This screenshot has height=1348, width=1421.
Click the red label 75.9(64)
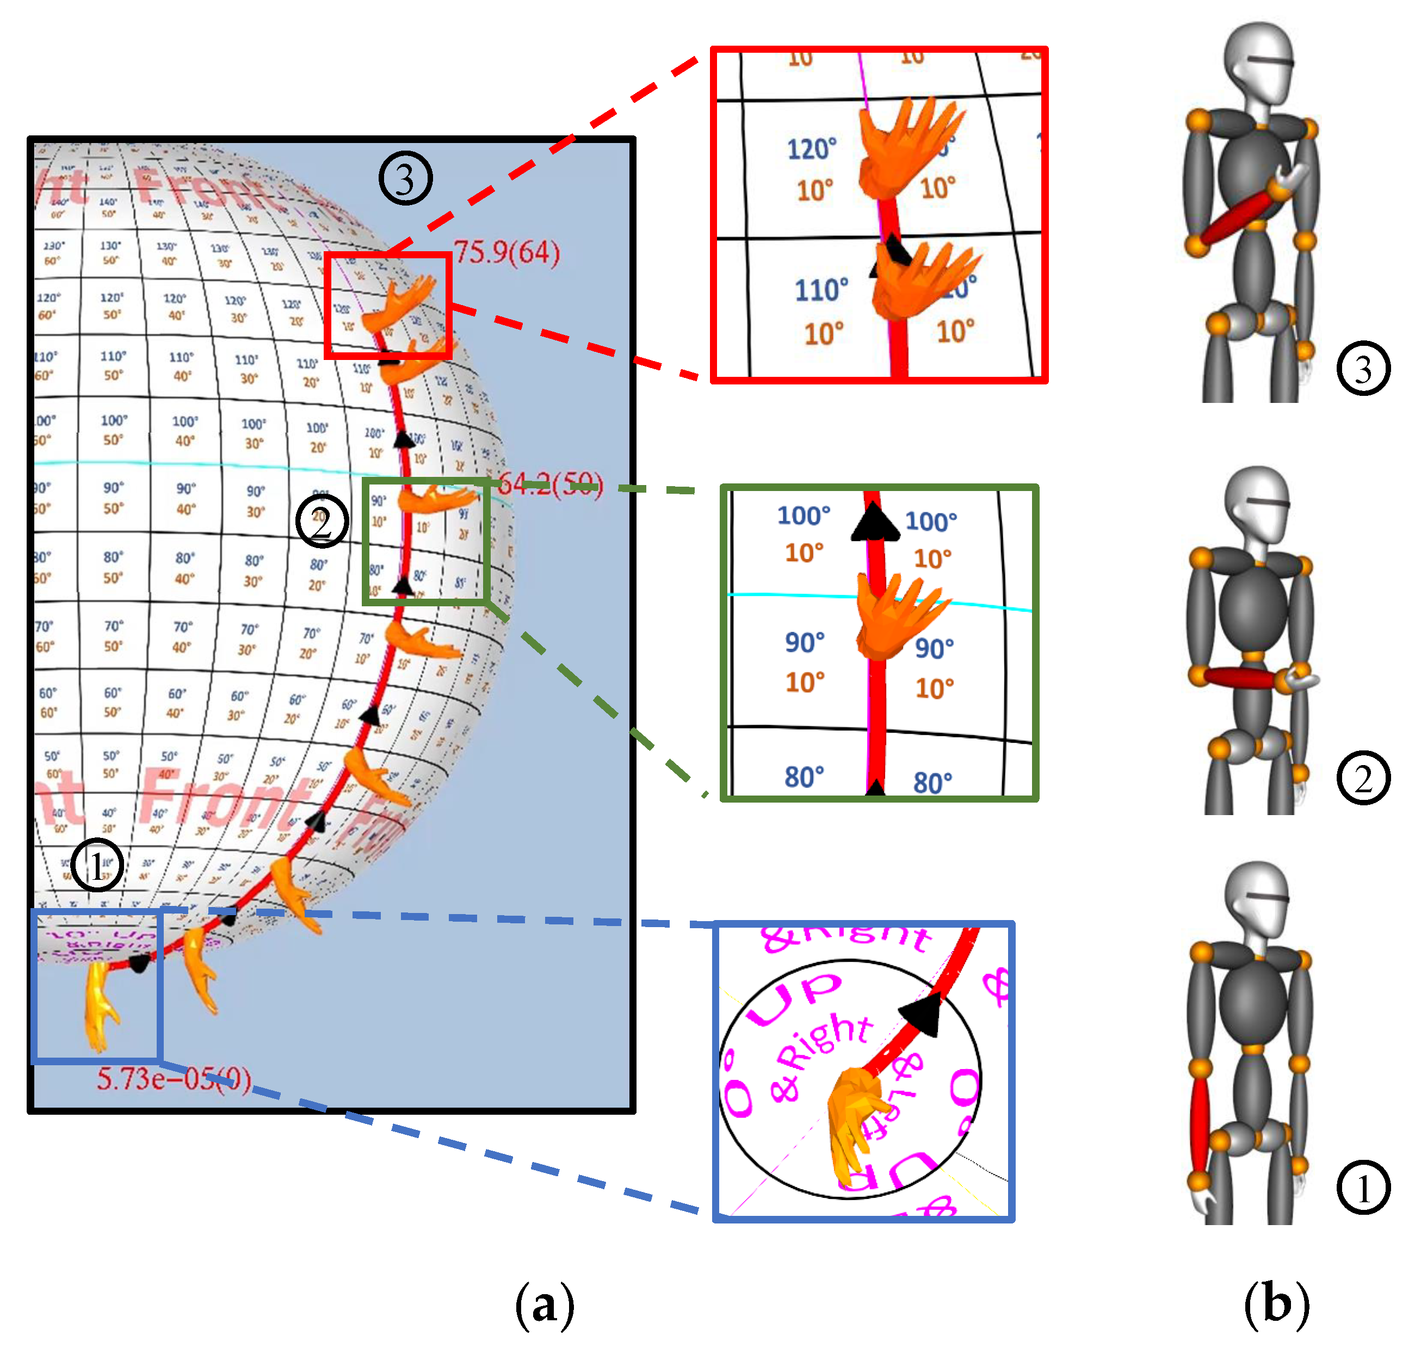[506, 253]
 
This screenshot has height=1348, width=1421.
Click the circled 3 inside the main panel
[405, 178]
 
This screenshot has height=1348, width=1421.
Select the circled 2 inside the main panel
[322, 521]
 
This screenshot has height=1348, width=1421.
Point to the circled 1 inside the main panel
[97, 865]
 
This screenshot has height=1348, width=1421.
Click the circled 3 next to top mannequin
[1363, 369]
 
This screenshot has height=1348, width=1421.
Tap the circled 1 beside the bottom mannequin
[1363, 1188]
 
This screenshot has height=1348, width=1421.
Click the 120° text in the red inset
[812, 150]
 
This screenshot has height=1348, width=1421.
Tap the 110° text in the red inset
[821, 290]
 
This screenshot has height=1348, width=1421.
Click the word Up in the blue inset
[794, 999]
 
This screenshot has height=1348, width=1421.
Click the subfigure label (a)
[545, 1305]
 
